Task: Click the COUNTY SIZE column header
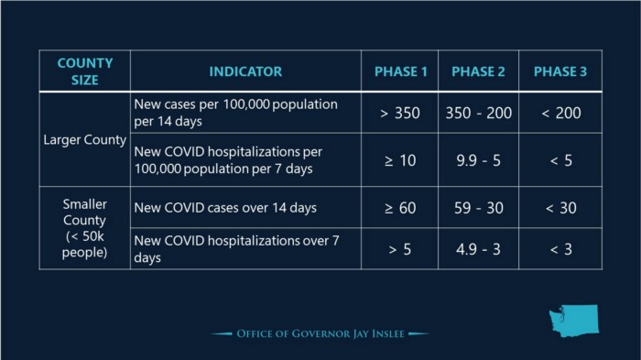[x=85, y=71]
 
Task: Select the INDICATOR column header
[x=245, y=71]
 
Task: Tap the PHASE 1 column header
[x=401, y=71]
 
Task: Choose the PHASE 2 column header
[x=479, y=71]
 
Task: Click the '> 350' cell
[x=401, y=113]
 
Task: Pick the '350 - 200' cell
[x=479, y=113]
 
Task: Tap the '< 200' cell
[x=560, y=113]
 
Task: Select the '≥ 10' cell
[x=401, y=160]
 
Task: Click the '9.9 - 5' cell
[x=479, y=160]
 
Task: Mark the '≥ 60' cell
[x=401, y=208]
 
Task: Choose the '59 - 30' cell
[x=479, y=208]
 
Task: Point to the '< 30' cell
[x=560, y=208]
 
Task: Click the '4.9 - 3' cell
[x=479, y=249]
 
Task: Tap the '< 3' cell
[x=560, y=249]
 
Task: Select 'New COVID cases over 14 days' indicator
[x=225, y=208]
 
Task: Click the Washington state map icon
[x=572, y=321]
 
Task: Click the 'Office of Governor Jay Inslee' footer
[x=320, y=333]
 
